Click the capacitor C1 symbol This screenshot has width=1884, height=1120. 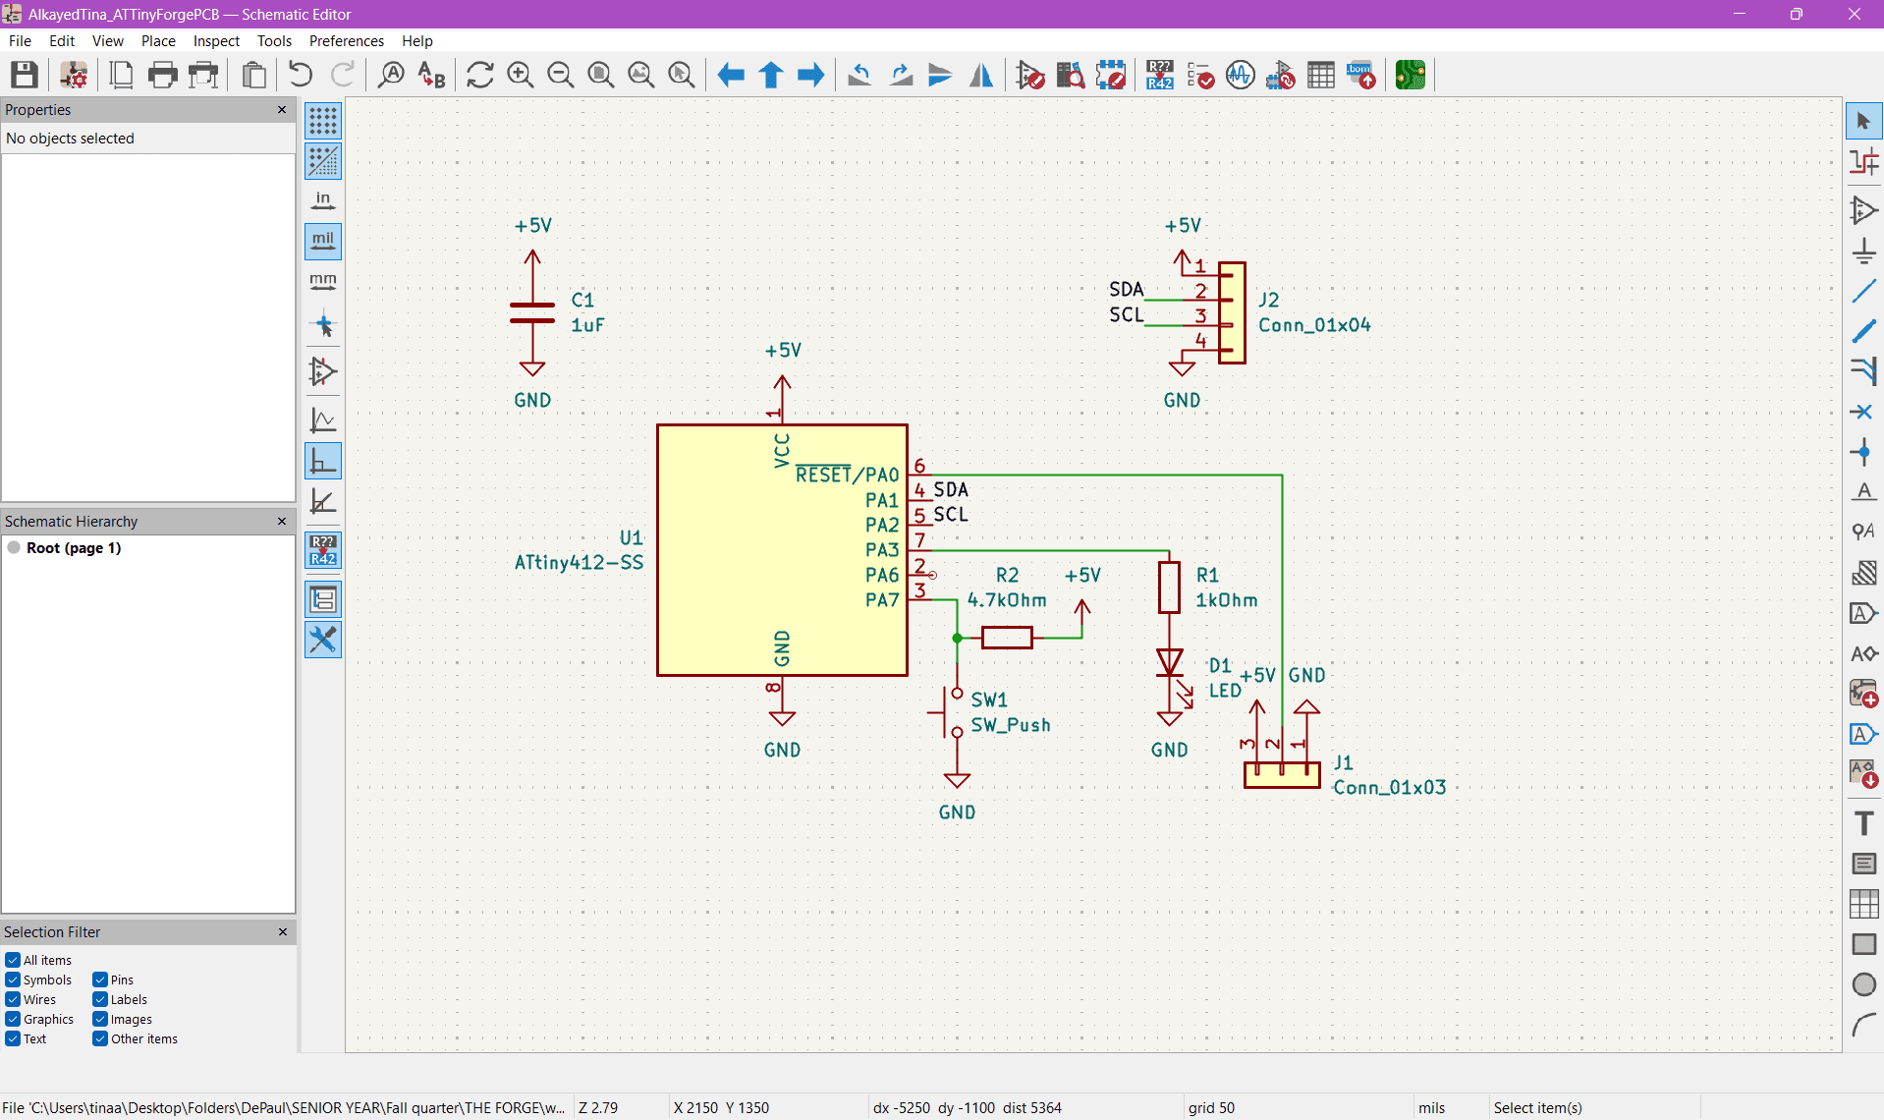(531, 312)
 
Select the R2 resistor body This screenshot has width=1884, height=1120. (1007, 638)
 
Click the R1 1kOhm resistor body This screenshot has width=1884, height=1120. (1169, 588)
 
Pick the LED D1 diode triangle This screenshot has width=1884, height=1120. (1169, 663)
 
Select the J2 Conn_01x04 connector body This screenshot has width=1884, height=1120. (1233, 312)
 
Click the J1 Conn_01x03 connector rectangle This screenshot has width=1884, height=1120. (1282, 775)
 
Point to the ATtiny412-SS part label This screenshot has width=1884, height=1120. (579, 563)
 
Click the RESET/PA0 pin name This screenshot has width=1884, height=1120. (847, 476)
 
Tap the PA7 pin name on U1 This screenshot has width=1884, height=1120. (882, 600)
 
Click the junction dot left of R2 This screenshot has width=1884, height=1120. (957, 638)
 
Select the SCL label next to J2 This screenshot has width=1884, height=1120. (1126, 314)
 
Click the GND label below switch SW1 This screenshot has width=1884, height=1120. (957, 812)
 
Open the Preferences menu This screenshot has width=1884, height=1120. (346, 40)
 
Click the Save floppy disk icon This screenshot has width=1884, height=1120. (25, 75)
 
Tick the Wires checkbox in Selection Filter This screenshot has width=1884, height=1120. (13, 999)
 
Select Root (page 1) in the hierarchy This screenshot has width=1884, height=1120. (74, 548)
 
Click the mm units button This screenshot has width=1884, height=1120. (322, 282)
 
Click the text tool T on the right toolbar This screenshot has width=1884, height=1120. (1863, 823)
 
